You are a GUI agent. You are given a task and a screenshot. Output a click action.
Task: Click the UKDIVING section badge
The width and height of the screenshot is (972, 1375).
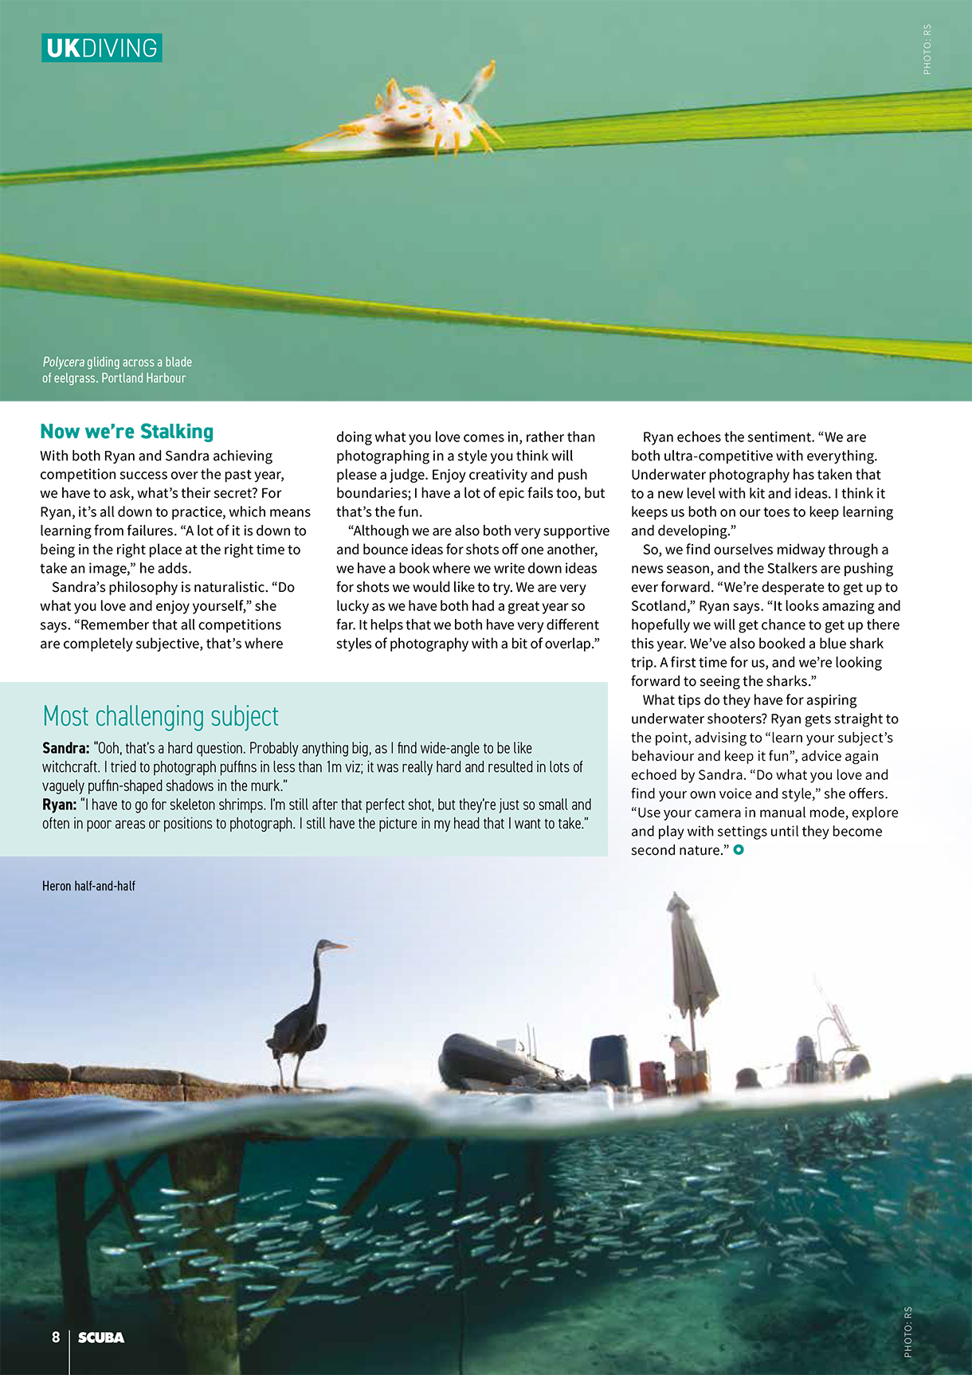101,48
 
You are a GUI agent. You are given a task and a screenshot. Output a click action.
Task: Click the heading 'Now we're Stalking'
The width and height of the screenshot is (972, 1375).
127,432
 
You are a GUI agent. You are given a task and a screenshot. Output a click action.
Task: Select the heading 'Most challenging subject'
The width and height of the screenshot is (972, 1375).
160,716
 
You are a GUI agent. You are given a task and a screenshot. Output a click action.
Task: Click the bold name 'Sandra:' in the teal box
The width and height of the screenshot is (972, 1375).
65,748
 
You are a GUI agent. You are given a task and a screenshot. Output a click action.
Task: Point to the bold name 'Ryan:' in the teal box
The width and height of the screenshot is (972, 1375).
59,805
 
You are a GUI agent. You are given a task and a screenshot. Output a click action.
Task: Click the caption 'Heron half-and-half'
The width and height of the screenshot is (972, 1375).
88,886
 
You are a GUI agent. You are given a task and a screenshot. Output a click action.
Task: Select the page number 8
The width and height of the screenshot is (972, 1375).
56,1337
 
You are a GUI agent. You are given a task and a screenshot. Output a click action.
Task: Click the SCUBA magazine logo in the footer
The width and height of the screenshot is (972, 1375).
101,1338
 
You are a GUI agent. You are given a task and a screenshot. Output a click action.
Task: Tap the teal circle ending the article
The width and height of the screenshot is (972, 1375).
739,850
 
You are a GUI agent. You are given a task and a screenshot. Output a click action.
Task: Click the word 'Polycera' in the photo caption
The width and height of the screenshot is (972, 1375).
63,362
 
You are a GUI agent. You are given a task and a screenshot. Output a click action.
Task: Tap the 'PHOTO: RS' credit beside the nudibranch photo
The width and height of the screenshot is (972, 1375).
927,49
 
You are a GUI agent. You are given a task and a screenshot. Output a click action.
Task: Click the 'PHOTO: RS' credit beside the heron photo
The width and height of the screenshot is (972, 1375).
908,1332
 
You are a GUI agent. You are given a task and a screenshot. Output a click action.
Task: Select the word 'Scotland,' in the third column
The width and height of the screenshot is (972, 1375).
661,606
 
